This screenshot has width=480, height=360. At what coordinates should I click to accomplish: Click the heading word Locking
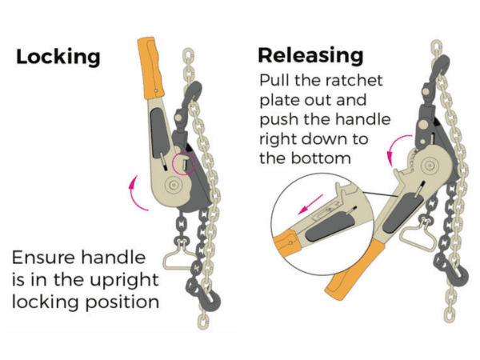[x=58, y=57]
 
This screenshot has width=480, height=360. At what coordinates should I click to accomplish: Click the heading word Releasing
[x=310, y=55]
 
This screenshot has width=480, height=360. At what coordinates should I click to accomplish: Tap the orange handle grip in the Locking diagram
[x=150, y=68]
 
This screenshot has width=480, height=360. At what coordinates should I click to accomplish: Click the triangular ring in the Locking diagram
[x=178, y=258]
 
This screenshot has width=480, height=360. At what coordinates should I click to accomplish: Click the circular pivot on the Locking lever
[x=173, y=185]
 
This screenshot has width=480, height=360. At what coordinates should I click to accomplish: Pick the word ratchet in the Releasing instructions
[x=354, y=81]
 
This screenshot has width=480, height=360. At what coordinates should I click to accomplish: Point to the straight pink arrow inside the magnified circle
[x=310, y=204]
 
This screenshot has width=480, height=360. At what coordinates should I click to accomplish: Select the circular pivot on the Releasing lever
[x=429, y=166]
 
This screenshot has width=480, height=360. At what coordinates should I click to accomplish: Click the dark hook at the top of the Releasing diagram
[x=441, y=68]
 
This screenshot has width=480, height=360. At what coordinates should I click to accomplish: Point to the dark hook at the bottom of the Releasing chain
[x=453, y=273]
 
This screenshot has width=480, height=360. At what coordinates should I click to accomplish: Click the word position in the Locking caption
[x=122, y=302]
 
